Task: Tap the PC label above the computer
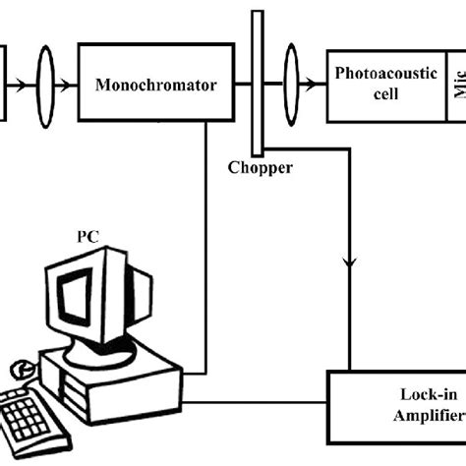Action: point(89,237)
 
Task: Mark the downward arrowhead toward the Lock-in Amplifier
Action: point(348,263)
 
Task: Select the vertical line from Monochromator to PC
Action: point(204,246)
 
